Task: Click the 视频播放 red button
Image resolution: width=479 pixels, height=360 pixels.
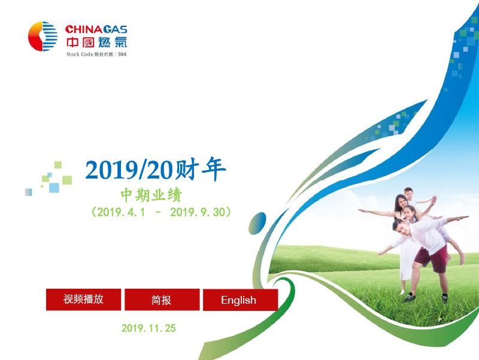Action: [x=83, y=300]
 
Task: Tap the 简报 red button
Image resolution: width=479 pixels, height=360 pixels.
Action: [x=162, y=300]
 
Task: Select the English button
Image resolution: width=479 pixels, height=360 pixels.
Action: [x=241, y=300]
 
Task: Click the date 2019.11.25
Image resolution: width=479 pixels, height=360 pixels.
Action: [x=148, y=328]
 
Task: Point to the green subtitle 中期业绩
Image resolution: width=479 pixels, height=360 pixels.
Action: [x=151, y=195]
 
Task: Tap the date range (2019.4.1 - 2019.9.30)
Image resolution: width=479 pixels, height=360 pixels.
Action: [x=161, y=212]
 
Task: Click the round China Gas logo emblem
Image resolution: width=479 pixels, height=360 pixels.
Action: [x=43, y=37]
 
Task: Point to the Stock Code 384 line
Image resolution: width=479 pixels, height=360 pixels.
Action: [x=96, y=55]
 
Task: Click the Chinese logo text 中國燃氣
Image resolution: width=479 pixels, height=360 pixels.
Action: [x=96, y=42]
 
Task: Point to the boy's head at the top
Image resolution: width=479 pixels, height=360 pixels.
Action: [x=409, y=193]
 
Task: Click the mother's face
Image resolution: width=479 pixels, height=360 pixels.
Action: [x=402, y=202]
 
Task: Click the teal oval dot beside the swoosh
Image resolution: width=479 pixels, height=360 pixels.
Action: [x=257, y=223]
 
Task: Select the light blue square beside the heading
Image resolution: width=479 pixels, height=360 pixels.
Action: [x=54, y=187]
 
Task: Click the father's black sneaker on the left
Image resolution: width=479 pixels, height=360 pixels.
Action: [x=409, y=297]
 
